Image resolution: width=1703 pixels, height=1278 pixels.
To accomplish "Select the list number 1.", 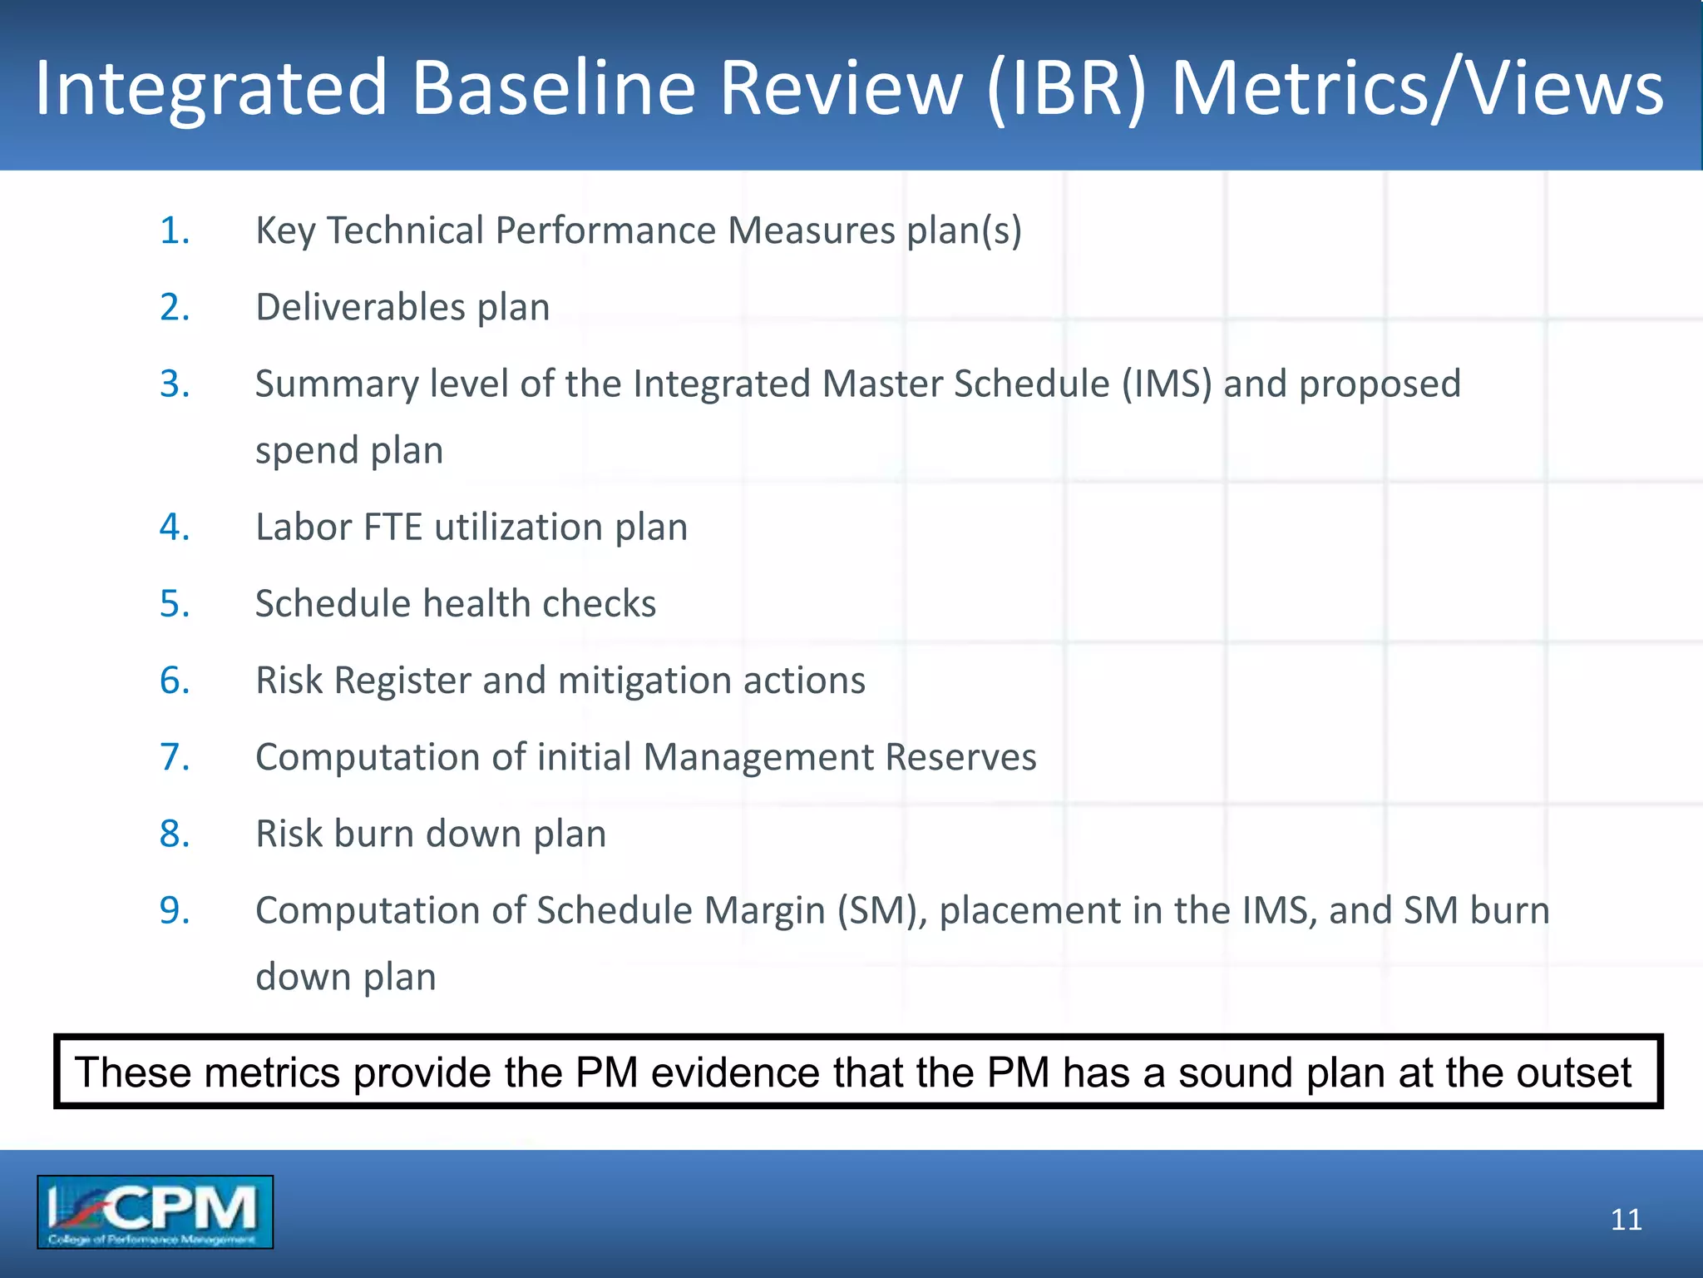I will (x=174, y=230).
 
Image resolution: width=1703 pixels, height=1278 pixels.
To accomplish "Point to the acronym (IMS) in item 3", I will (x=1167, y=384).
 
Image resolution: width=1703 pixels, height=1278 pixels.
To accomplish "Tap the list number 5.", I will (x=174, y=603).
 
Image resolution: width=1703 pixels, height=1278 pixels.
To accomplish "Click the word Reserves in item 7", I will (x=960, y=757).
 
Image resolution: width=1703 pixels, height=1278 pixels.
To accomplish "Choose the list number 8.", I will (x=174, y=834).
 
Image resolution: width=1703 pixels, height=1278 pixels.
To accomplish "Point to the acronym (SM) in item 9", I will (x=882, y=910).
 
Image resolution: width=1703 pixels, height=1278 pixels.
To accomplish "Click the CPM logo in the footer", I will (x=155, y=1211).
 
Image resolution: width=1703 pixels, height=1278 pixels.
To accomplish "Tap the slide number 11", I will (x=1626, y=1220).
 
